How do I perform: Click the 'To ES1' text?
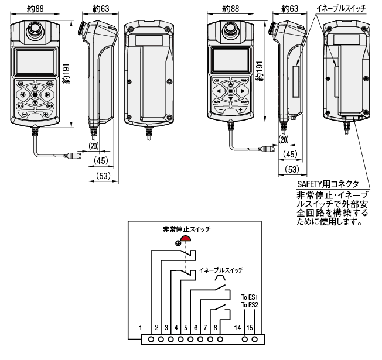click(x=250, y=297)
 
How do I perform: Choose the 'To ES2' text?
click(x=250, y=304)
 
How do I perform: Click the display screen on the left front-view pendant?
click(x=35, y=61)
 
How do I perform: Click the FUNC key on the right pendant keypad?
click(x=245, y=80)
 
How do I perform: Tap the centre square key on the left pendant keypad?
click(x=35, y=94)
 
